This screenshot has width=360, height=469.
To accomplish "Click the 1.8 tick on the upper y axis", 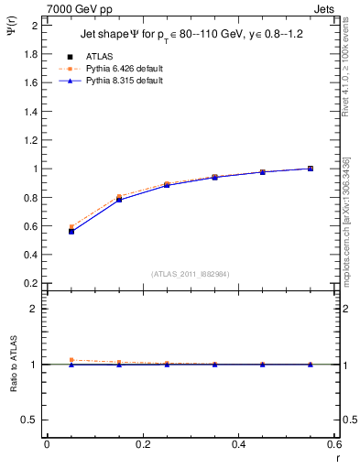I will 30,54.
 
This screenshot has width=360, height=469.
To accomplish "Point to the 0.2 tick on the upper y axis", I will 30,284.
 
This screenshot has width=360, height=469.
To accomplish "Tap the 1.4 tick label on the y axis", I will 30,112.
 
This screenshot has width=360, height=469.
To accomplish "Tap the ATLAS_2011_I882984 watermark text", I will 190,274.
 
